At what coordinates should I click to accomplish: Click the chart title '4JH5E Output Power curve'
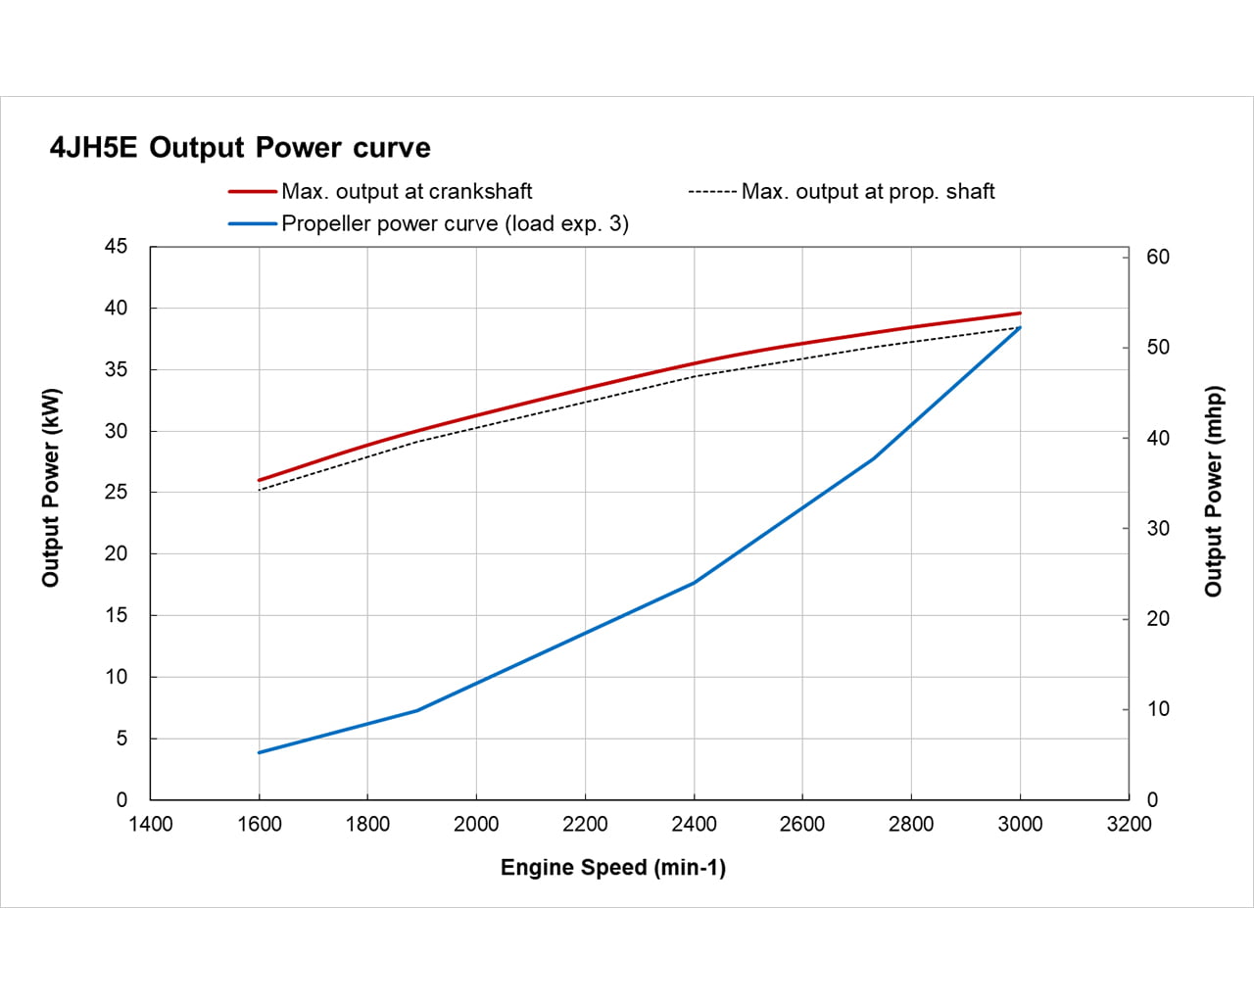pos(240,148)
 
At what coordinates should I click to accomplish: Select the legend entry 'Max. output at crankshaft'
pos(407,192)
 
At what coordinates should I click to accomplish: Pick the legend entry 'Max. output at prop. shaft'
pos(867,192)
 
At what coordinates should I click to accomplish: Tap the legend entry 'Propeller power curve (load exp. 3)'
pos(455,223)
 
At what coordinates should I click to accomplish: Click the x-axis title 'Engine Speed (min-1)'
pos(613,868)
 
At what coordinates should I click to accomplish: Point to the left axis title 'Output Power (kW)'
pos(51,488)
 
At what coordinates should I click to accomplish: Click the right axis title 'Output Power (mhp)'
pos(1214,491)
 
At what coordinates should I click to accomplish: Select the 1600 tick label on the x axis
pos(259,825)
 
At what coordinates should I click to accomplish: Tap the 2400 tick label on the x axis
pos(694,825)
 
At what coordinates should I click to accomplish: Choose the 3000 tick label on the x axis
pos(1020,825)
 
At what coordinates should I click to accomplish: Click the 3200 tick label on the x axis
pos(1129,825)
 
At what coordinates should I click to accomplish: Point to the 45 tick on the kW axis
pos(117,247)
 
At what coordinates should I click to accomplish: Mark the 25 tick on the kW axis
pos(117,492)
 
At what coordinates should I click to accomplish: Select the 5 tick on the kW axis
pos(121,739)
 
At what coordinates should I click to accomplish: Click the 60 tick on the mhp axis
pos(1158,257)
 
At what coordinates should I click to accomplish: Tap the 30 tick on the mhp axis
pos(1158,529)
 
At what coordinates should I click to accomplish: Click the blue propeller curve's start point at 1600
pos(259,752)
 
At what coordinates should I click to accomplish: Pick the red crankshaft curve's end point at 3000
pos(1020,313)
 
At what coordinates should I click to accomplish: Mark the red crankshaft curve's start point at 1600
pos(259,481)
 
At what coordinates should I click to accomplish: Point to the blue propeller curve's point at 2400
pos(694,583)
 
